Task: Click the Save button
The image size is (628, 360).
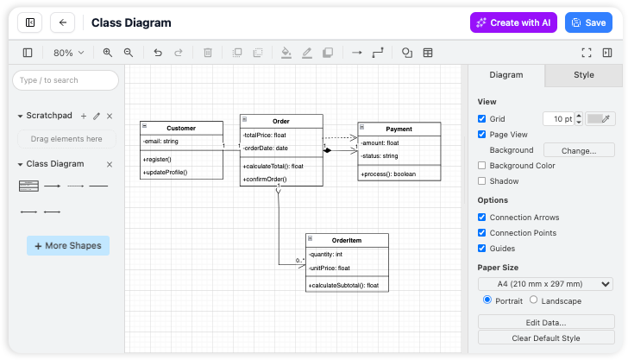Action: [x=588, y=22]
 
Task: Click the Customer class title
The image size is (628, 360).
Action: [x=181, y=128]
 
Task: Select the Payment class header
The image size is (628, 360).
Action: [x=399, y=129]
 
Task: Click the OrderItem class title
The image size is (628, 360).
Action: [x=347, y=240]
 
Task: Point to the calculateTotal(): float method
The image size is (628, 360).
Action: [x=274, y=166]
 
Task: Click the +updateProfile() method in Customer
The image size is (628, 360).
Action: [x=166, y=172]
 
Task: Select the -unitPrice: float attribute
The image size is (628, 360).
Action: [x=331, y=268]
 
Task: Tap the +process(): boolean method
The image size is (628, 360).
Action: [x=388, y=174]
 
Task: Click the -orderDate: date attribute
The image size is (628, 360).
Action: [x=267, y=148]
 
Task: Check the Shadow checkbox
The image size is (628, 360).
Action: [x=482, y=181]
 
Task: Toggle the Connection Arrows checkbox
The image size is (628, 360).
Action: [x=482, y=218]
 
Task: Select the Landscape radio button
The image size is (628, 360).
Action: [x=533, y=300]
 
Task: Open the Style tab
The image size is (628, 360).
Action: [x=584, y=75]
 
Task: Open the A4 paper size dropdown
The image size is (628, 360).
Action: [x=545, y=284]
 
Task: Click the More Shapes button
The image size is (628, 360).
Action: [x=68, y=246]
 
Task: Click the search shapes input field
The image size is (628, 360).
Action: [x=66, y=80]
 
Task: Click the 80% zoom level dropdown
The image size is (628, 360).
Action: [x=69, y=53]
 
